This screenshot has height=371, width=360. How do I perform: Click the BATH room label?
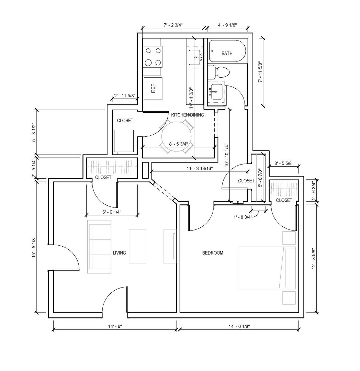coord(227,54)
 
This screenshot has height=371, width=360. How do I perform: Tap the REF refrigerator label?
coord(153,89)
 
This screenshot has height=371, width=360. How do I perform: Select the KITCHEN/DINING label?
coord(187,115)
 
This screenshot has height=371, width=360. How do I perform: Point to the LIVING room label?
coord(119,253)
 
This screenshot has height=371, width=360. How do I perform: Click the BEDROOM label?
coord(213,253)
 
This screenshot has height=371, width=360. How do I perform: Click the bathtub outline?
coord(227,51)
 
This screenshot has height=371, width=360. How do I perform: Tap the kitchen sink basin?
coord(195,56)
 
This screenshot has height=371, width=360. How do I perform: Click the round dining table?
coord(177,137)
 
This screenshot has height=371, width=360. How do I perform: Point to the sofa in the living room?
coord(99,247)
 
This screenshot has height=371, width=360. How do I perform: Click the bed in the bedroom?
coord(267,268)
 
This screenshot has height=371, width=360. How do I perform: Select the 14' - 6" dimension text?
coord(115,326)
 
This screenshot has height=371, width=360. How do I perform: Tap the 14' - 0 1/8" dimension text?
coord(239,326)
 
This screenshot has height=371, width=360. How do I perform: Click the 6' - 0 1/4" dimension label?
coord(112,212)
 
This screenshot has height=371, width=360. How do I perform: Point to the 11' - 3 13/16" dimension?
coord(200,168)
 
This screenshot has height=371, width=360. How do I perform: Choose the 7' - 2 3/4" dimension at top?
coord(173,25)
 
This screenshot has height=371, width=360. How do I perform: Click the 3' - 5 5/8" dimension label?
coord(284,163)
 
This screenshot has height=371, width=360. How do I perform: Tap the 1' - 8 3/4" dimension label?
coord(243,216)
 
